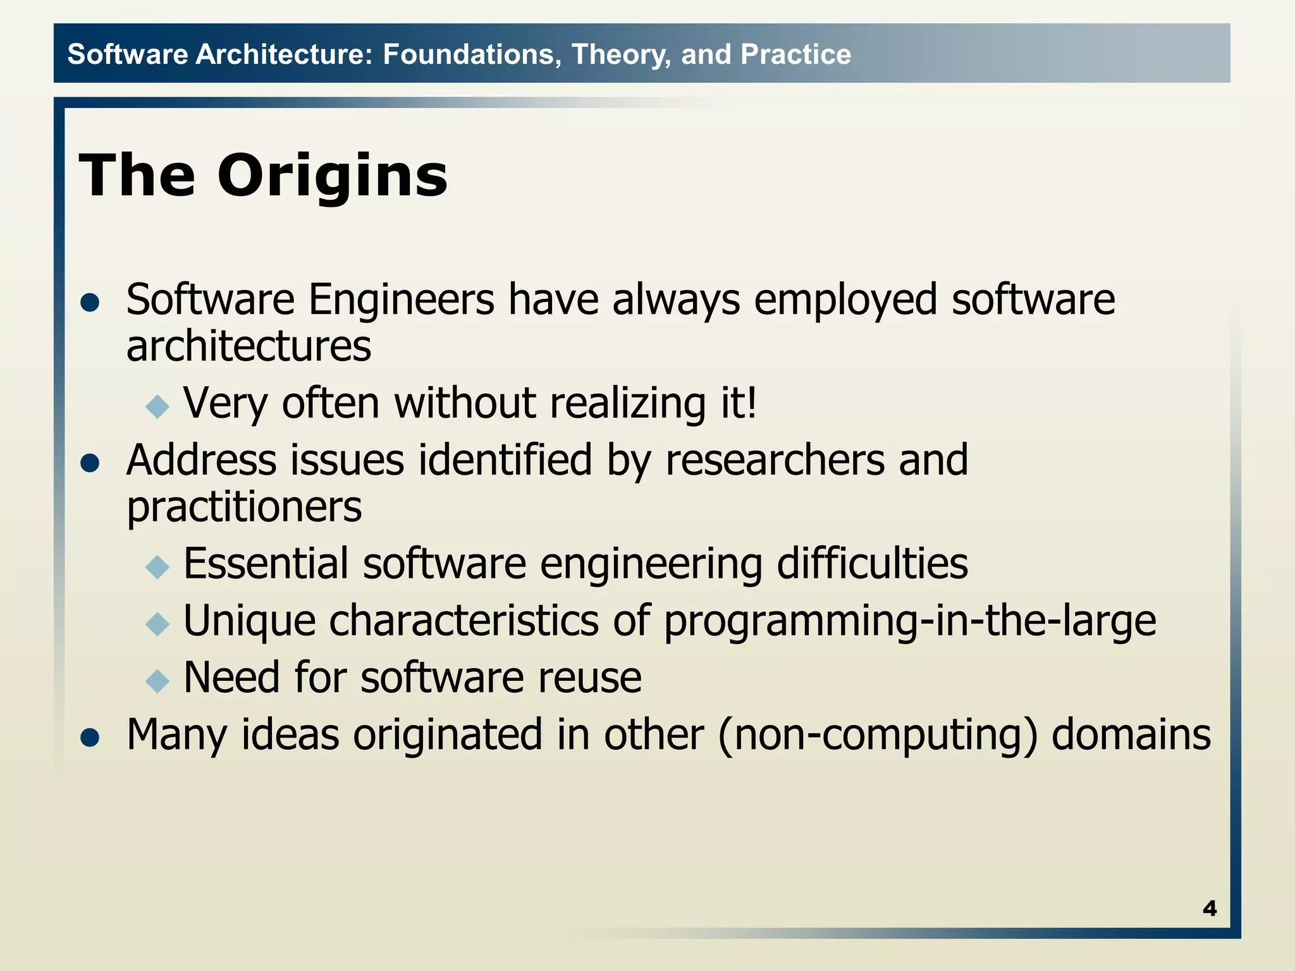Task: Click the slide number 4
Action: pos(1209,908)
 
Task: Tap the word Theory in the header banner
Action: pos(621,54)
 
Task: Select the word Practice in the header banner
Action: pos(795,54)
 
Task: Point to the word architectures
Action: pos(249,346)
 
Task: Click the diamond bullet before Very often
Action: pos(157,406)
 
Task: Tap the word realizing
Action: pos(628,403)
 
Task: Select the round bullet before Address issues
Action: pos(90,463)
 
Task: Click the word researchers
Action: pos(775,460)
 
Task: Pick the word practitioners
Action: pos(244,507)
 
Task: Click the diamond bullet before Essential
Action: pos(157,566)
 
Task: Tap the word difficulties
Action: pos(872,563)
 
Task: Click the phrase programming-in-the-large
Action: pos(909,621)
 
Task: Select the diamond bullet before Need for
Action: pos(157,681)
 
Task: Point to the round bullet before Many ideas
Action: pos(90,738)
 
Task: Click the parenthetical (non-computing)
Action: pos(878,735)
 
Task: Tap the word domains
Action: pos(1131,735)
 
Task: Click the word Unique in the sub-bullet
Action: pos(249,621)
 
